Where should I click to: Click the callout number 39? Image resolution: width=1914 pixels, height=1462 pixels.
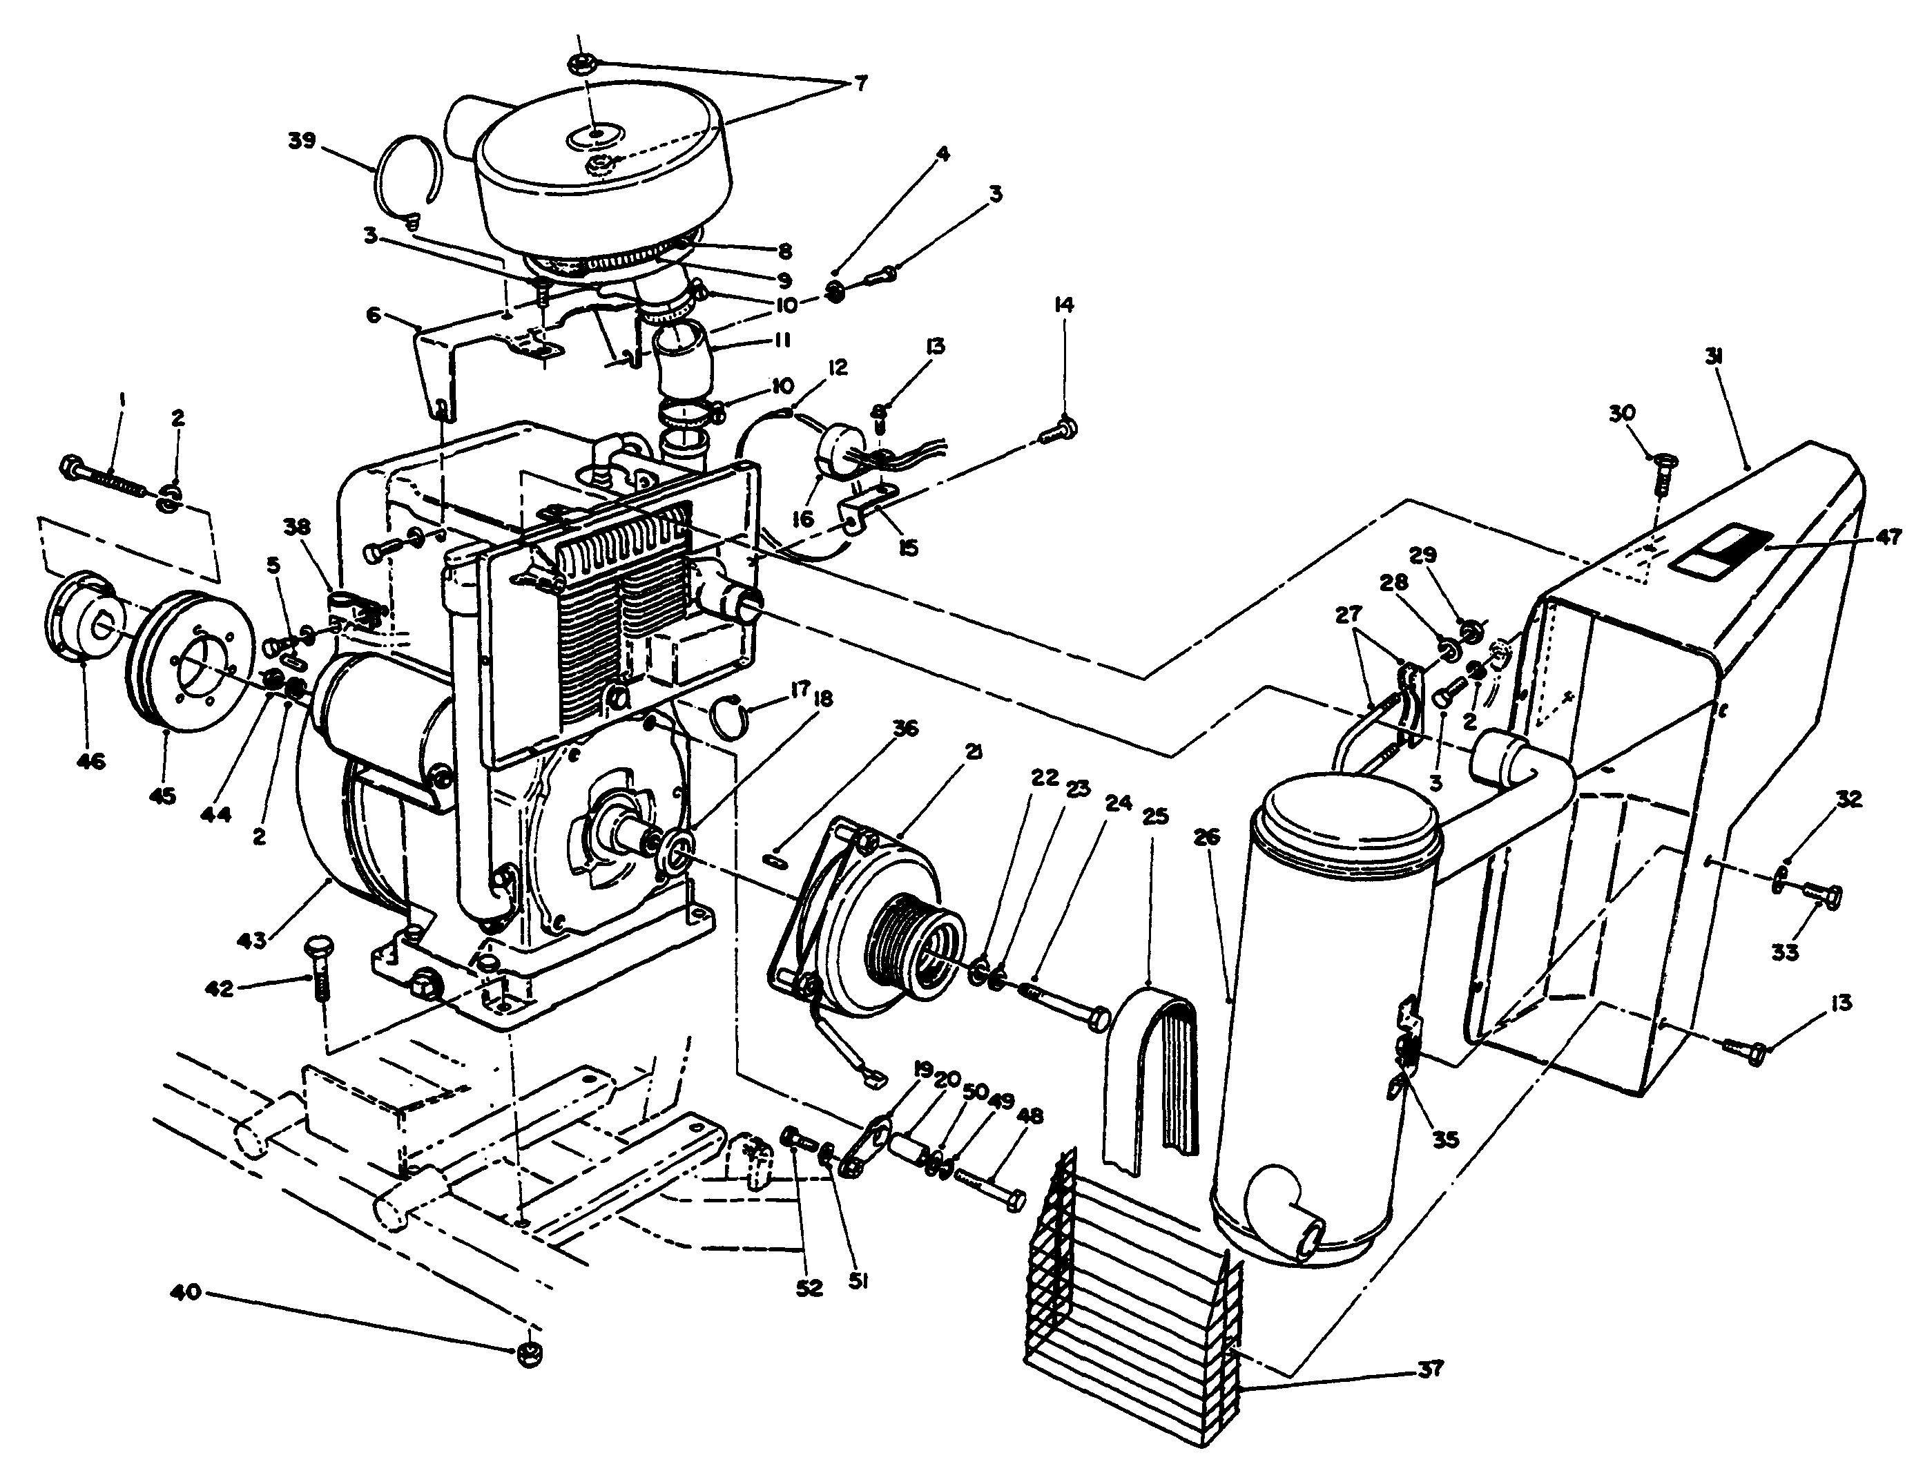(x=302, y=141)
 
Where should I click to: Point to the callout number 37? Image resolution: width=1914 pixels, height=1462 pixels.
(x=1429, y=1369)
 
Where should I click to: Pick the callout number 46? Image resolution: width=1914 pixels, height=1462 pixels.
(x=90, y=762)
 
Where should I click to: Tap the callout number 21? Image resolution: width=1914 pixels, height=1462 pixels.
(x=973, y=751)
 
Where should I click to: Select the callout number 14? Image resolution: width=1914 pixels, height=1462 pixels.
(x=1064, y=305)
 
